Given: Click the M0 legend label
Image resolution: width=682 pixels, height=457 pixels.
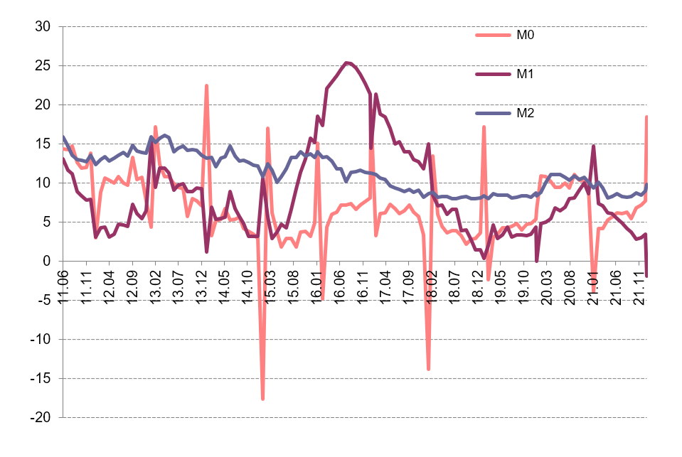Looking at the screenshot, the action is tap(525, 35).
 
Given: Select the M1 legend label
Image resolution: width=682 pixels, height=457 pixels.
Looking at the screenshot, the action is tap(525, 74).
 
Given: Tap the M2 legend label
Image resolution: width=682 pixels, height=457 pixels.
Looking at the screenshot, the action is tap(525, 113).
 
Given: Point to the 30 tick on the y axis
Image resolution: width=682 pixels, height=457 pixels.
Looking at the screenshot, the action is tap(43, 26).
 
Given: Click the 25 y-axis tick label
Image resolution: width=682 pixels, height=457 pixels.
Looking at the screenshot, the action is tap(43, 65).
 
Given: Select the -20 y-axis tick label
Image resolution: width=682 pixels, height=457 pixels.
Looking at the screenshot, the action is tap(41, 417).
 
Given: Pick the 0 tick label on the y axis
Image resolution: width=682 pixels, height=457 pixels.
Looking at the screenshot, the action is tap(46, 262).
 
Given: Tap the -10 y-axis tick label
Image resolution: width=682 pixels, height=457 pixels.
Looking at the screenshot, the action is tap(41, 339).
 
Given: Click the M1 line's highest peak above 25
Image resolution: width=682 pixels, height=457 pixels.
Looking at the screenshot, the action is tap(346, 63).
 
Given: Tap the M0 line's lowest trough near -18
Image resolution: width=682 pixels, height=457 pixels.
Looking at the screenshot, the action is tap(262, 398).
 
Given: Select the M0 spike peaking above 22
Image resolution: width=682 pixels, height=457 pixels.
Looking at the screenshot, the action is tap(207, 86).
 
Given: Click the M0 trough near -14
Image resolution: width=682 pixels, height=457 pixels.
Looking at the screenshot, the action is tap(428, 369).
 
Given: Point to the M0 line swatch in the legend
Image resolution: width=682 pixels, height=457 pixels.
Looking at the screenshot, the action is tap(493, 35).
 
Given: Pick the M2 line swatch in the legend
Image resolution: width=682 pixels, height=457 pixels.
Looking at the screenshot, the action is tap(493, 113).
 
